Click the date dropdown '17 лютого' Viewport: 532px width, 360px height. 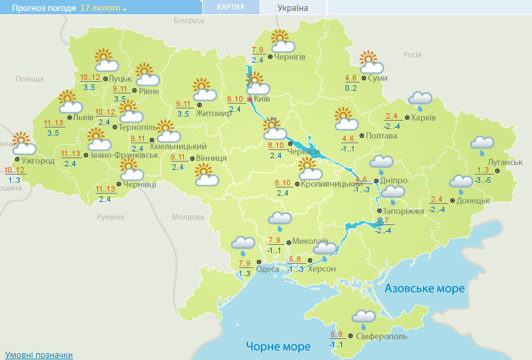pyautogui.click(x=103, y=8)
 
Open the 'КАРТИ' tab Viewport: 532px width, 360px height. pyautogui.click(x=231, y=7)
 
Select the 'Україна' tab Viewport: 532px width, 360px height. pyautogui.click(x=293, y=7)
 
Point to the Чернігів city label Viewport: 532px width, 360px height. pyautogui.click(x=290, y=57)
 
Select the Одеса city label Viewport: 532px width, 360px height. pyautogui.click(x=266, y=269)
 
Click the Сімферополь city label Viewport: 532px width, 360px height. pyautogui.click(x=381, y=336)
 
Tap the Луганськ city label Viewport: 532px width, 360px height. pyautogui.click(x=505, y=162)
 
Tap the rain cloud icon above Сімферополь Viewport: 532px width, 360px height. pyautogui.click(x=364, y=318)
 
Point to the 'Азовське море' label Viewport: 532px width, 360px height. pyautogui.click(x=424, y=288)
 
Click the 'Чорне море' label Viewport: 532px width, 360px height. pyautogui.click(x=278, y=346)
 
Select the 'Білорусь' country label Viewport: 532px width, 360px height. pyautogui.click(x=189, y=21)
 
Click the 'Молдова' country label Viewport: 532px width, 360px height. pyautogui.click(x=187, y=217)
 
